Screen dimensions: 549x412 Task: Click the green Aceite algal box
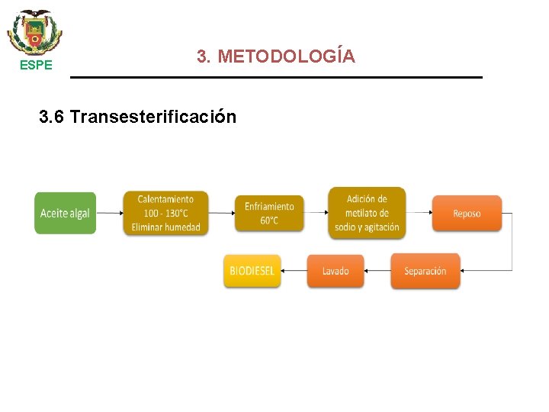point(65,213)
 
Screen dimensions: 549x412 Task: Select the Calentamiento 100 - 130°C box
point(165,213)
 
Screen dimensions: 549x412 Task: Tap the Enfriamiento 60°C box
point(268,213)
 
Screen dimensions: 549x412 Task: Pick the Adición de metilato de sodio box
point(367,213)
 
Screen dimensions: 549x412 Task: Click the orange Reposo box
point(467,213)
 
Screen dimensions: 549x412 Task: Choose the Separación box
point(425,271)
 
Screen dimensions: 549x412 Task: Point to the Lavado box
point(335,271)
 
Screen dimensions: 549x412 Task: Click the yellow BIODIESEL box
point(252,271)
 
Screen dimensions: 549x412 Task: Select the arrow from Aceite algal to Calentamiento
point(110,213)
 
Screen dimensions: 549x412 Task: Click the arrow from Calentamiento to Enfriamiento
point(220,213)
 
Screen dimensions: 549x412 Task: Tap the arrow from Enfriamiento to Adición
point(316,213)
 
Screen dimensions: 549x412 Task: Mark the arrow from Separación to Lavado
point(377,271)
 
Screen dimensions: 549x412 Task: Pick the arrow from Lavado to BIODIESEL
point(294,271)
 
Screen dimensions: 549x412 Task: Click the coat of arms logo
point(35,31)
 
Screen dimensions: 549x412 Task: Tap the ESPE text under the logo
point(36,66)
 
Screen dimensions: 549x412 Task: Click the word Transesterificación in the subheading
point(152,117)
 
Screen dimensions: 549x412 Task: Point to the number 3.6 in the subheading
point(52,117)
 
